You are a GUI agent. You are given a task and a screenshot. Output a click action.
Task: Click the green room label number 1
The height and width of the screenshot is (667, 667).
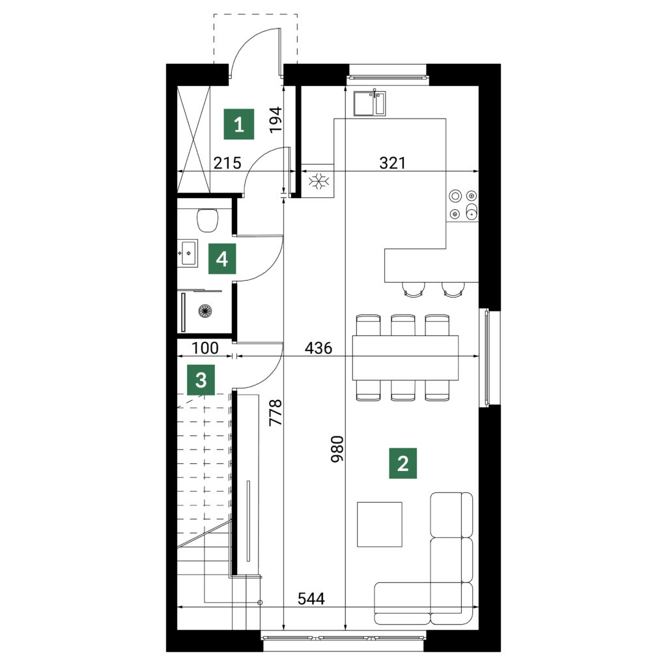pyautogui.click(x=239, y=124)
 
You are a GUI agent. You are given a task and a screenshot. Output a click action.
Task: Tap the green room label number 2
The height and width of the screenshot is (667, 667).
pyautogui.click(x=403, y=463)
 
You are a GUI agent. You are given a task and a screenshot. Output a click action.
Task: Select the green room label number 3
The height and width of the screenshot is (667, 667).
pyautogui.click(x=201, y=380)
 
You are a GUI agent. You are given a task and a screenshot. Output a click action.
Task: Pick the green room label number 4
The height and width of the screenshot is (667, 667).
pyautogui.click(x=222, y=259)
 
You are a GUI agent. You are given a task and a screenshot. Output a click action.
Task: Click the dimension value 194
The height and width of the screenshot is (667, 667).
pyautogui.click(x=276, y=120)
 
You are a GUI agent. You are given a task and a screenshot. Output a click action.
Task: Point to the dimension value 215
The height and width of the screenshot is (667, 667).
pyautogui.click(x=227, y=163)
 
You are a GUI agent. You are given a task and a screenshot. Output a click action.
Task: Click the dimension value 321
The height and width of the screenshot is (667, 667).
pyautogui.click(x=392, y=163)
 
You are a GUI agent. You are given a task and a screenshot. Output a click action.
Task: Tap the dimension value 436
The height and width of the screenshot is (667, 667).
pyautogui.click(x=319, y=348)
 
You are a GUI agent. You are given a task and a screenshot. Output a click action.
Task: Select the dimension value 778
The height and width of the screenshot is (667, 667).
pyautogui.click(x=276, y=412)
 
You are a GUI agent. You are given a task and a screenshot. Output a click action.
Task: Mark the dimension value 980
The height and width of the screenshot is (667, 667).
pyautogui.click(x=337, y=449)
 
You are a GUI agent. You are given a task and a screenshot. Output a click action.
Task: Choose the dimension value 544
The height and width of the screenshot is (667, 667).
pyautogui.click(x=311, y=599)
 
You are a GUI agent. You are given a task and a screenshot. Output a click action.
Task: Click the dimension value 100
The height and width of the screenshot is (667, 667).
pyautogui.click(x=205, y=348)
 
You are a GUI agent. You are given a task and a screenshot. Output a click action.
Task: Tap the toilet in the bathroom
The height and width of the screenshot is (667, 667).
pyautogui.click(x=208, y=220)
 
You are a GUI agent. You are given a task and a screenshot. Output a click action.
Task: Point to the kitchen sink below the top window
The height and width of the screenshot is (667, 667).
pyautogui.click(x=370, y=104)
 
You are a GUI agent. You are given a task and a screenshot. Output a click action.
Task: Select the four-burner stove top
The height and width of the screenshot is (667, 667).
pyautogui.click(x=463, y=205)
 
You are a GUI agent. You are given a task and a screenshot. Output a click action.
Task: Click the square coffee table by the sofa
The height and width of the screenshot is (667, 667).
pyautogui.click(x=380, y=524)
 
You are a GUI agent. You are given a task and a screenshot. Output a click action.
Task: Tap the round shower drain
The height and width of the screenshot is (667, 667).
pyautogui.click(x=205, y=311)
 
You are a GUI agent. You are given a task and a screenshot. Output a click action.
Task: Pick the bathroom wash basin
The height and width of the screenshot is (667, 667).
pyautogui.click(x=188, y=253)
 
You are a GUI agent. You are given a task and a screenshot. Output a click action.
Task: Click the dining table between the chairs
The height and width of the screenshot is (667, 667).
pyautogui.click(x=405, y=358)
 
